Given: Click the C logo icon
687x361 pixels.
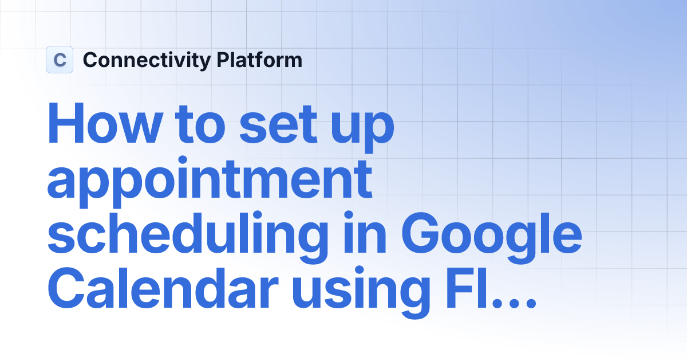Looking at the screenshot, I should click(x=60, y=60).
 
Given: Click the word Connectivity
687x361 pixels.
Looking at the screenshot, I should click(x=147, y=60).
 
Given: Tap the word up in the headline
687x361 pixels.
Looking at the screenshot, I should click(x=364, y=130).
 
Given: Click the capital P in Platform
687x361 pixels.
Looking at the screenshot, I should click(x=223, y=60).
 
